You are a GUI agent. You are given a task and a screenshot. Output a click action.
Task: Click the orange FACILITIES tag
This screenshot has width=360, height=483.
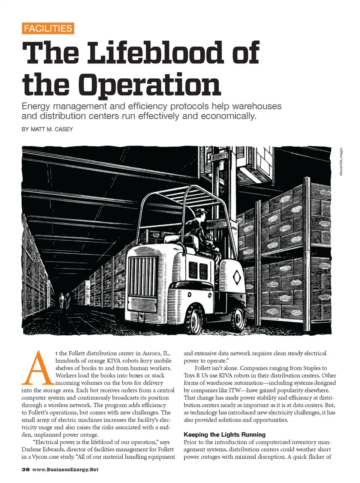click(x=48, y=28)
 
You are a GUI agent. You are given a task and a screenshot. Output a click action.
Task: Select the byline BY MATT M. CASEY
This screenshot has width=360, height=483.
click(x=47, y=129)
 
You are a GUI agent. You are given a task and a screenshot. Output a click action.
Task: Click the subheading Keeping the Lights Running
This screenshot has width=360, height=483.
click(x=225, y=435)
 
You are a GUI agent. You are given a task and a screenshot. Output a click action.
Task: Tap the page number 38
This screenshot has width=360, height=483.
click(x=25, y=469)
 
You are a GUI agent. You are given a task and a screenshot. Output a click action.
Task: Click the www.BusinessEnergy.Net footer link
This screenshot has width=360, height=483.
click(x=65, y=469)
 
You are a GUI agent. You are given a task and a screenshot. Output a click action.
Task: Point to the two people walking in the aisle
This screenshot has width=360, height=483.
click(x=64, y=300)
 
